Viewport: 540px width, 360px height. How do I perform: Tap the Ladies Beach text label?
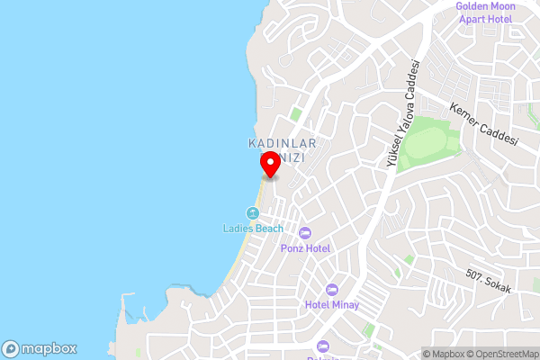point(253,229)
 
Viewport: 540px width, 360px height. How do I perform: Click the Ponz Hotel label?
point(305,248)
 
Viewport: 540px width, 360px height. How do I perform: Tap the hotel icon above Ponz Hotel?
point(304,233)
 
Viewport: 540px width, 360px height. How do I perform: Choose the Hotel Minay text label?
point(331,305)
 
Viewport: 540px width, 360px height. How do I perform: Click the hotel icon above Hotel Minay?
point(331,290)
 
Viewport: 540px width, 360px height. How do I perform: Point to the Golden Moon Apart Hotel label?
point(483,12)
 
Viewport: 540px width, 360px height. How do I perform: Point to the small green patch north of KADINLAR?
point(296,114)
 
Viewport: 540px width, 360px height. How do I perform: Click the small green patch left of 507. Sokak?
point(409,259)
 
